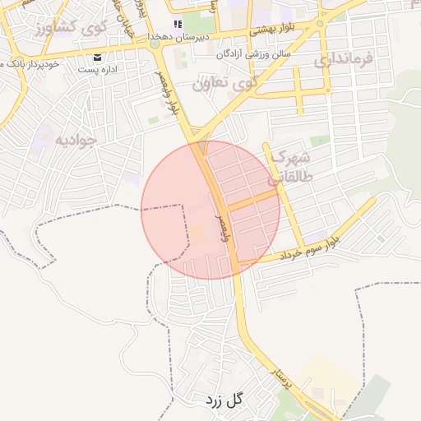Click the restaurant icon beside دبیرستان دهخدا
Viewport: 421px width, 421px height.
pyautogui.click(x=176, y=24)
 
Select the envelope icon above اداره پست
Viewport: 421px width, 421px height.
pyautogui.click(x=98, y=57)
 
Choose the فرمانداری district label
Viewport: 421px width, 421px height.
pyautogui.click(x=344, y=59)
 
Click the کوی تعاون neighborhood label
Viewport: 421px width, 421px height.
pyautogui.click(x=224, y=83)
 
